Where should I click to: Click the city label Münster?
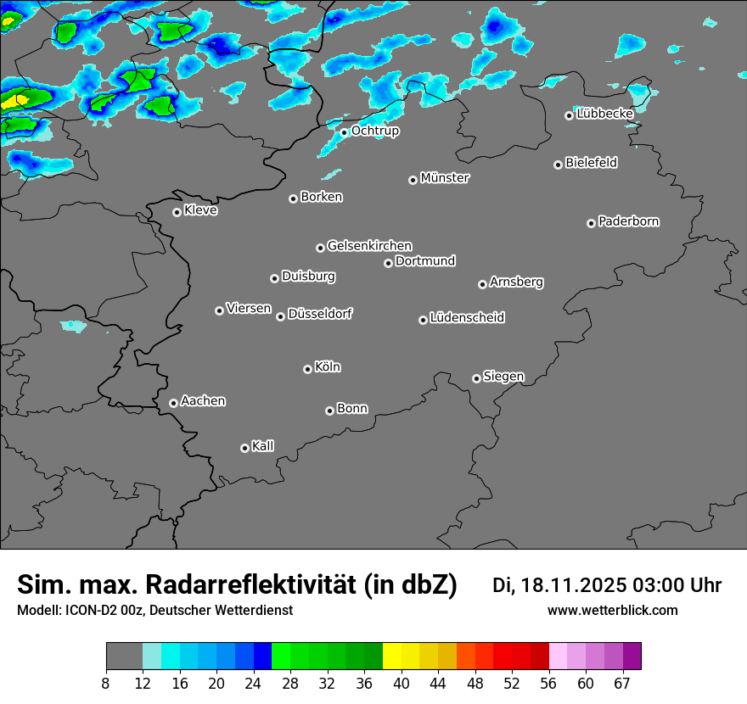pyautogui.click(x=445, y=178)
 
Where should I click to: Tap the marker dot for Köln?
pyautogui.click(x=307, y=369)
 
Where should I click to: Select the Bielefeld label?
pyautogui.click(x=592, y=163)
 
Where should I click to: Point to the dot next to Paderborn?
pyautogui.click(x=591, y=223)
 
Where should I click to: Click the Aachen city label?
pyautogui.click(x=204, y=401)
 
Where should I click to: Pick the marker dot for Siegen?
pyautogui.click(x=476, y=378)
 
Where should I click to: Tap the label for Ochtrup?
pyautogui.click(x=375, y=131)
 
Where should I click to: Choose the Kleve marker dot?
pyautogui.click(x=177, y=212)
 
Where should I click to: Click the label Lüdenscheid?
pyautogui.click(x=468, y=318)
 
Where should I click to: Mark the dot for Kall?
pyautogui.click(x=244, y=448)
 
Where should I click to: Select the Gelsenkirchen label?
pyautogui.click(x=370, y=246)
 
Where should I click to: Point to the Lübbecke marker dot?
pyautogui.click(x=569, y=115)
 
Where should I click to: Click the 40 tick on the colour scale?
pyautogui.click(x=402, y=683)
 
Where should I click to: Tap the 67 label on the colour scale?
pyautogui.click(x=623, y=683)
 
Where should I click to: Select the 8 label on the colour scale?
pyautogui.click(x=106, y=683)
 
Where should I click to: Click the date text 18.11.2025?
pyautogui.click(x=575, y=585)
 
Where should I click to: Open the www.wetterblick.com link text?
pyautogui.click(x=613, y=611)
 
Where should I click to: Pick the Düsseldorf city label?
pyautogui.click(x=320, y=314)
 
